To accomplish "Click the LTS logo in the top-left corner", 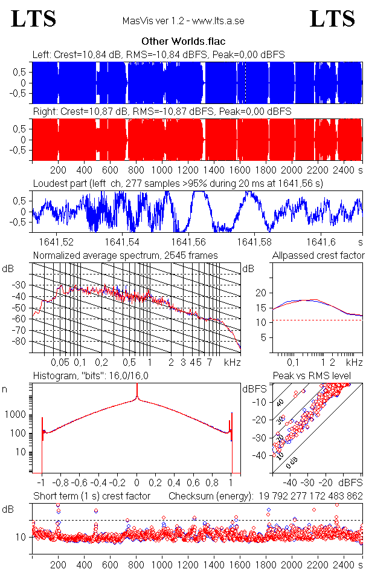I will pos(34,19).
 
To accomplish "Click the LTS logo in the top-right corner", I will pos(332,19).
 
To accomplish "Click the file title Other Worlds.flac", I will pos(183,42).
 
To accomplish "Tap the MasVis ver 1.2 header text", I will pos(183,21).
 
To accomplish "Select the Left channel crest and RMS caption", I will pos(158,55).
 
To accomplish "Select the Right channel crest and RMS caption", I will pos(162,112).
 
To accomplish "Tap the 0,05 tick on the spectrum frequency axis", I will pos(60,362).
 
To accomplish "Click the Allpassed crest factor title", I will pos(318,256).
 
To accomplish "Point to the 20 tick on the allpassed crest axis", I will pos(261,293).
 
